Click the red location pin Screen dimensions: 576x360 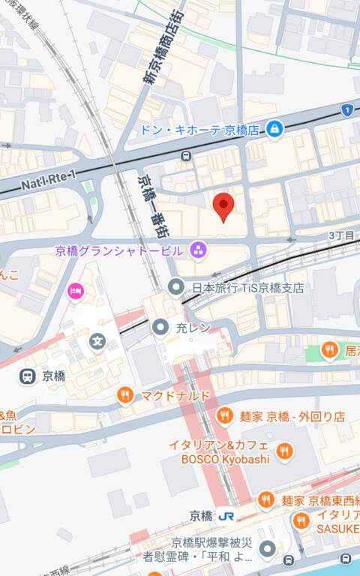coord(223,205)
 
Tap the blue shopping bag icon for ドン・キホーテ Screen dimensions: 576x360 coord(274,129)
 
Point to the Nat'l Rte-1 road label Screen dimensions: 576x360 coord(47,182)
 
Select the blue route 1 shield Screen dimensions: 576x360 coord(346,110)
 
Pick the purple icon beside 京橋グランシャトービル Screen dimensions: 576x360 coord(198,248)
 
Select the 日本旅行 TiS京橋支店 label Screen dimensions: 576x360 coord(247,287)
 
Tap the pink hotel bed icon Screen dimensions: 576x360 coord(76,290)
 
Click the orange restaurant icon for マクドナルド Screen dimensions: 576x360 coord(125,395)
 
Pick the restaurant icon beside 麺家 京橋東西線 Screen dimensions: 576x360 coord(266,499)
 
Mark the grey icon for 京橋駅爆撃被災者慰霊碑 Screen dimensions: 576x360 coord(268,550)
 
